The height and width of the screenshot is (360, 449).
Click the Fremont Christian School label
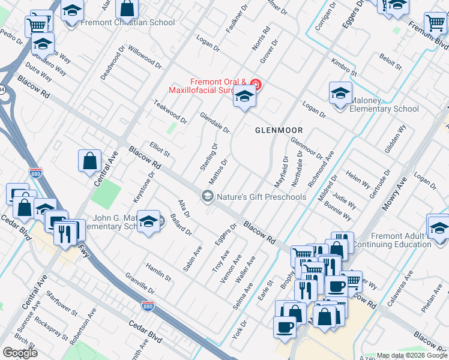(127, 23)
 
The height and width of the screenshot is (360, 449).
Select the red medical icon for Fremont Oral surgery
(256, 83)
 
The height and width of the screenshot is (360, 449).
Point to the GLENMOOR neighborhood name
(279, 130)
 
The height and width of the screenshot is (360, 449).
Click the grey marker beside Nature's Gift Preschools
(208, 196)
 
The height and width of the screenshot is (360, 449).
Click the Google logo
(20, 353)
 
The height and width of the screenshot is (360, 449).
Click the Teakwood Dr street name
(170, 111)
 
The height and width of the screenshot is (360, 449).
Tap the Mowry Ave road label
(395, 194)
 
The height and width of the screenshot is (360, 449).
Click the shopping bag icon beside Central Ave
(89, 161)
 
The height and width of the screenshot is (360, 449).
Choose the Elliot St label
(160, 149)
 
